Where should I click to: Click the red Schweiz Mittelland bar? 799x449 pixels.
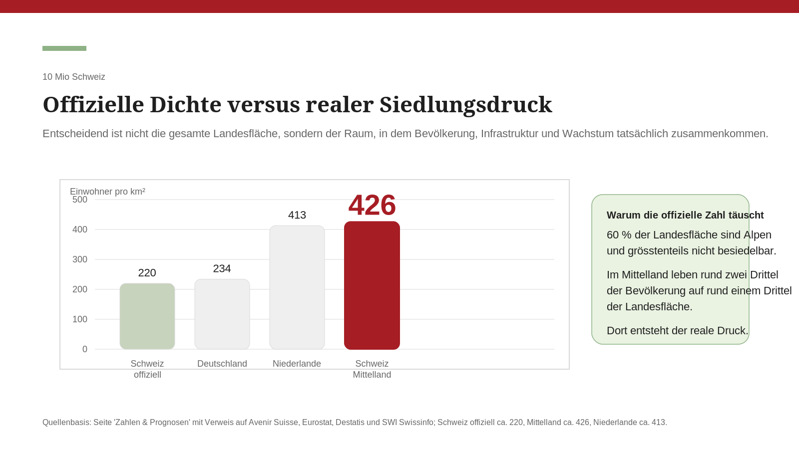click(x=372, y=285)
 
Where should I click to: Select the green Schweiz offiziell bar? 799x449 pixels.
click(x=147, y=316)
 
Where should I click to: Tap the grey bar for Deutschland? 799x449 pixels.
click(x=222, y=314)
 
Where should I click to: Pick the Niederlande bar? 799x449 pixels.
click(x=297, y=287)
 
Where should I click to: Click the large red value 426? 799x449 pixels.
click(x=372, y=205)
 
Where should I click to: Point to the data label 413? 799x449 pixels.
click(x=297, y=215)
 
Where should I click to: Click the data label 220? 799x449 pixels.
click(x=147, y=273)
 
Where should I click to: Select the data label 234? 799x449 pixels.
click(x=222, y=269)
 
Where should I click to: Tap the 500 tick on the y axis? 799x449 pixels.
click(x=80, y=200)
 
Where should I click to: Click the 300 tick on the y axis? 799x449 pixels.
click(x=80, y=259)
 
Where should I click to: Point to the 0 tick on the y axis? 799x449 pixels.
click(x=85, y=349)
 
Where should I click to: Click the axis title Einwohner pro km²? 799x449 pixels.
click(x=108, y=192)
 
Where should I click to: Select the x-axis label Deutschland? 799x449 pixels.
click(x=222, y=364)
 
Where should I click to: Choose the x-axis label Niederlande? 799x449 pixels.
click(x=297, y=364)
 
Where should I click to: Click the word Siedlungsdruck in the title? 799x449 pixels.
click(x=465, y=105)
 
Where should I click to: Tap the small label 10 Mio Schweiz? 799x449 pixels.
click(x=74, y=77)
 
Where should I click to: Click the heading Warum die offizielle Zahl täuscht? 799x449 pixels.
click(x=685, y=215)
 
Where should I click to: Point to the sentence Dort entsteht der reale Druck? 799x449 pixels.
click(x=678, y=331)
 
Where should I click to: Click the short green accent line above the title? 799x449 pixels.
click(x=64, y=48)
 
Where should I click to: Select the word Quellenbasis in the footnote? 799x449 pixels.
click(x=66, y=423)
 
